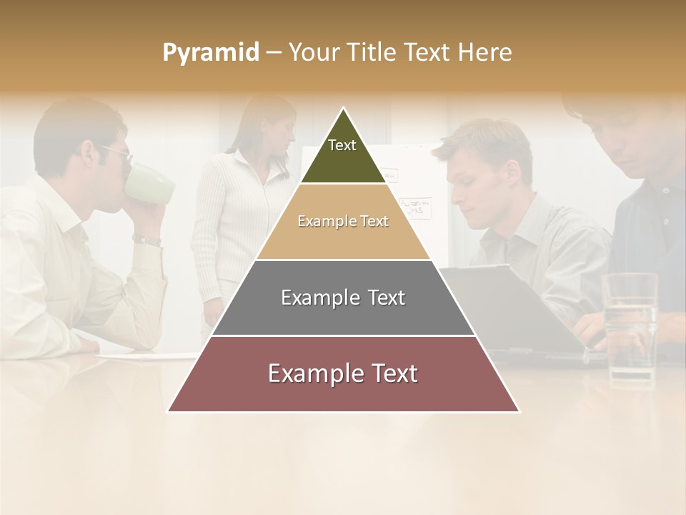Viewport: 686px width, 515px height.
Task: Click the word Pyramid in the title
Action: [210, 53]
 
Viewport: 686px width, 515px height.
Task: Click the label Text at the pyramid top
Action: [342, 145]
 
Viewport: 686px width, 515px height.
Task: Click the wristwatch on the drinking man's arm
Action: [147, 240]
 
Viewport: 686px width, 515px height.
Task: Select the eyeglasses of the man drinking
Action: [117, 152]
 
